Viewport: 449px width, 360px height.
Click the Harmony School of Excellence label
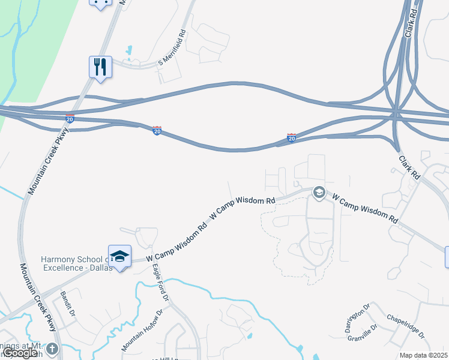click(x=76, y=263)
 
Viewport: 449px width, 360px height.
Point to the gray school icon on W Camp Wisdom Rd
click(x=319, y=193)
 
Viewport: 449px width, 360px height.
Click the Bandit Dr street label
click(x=67, y=304)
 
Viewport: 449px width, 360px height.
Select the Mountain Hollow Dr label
click(x=142, y=331)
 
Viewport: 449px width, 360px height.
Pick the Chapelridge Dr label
click(x=405, y=326)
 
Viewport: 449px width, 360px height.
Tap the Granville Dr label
click(x=362, y=332)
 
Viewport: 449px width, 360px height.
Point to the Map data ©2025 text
click(x=423, y=355)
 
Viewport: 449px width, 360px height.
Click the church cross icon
click(x=52, y=349)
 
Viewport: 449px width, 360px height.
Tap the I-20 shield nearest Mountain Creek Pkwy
click(x=70, y=119)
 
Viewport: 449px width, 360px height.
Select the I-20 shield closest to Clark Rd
click(x=291, y=138)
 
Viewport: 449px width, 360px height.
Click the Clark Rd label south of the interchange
click(x=410, y=166)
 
